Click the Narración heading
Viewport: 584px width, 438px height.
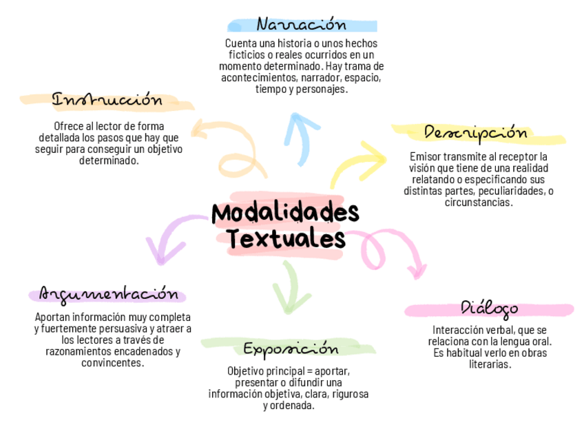click(x=301, y=25)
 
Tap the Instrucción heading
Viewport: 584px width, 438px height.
click(x=107, y=101)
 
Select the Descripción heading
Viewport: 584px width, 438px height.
click(x=475, y=133)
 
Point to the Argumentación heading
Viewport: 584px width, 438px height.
click(x=107, y=295)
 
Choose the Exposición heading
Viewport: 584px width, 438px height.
click(x=291, y=348)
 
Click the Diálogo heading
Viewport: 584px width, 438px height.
click(x=489, y=308)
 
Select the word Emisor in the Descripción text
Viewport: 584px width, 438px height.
click(x=424, y=156)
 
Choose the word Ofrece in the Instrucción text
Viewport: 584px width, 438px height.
click(x=67, y=126)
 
